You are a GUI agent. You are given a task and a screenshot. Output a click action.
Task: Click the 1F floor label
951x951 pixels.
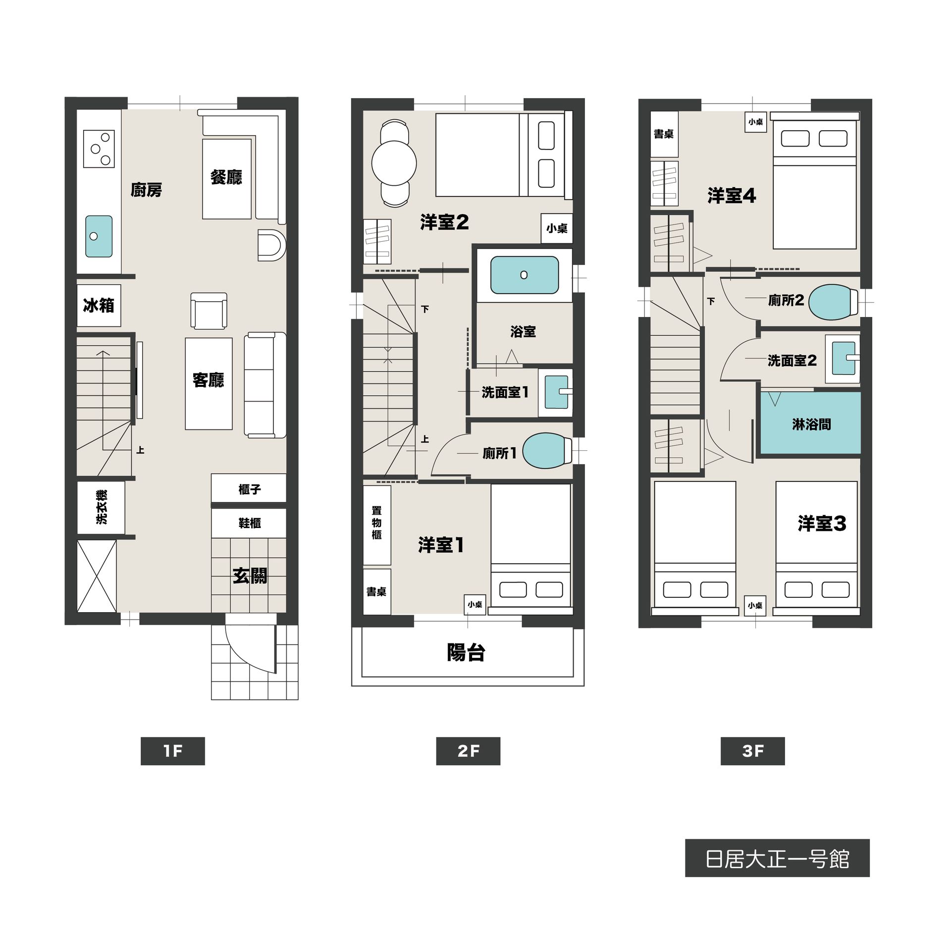[x=172, y=751]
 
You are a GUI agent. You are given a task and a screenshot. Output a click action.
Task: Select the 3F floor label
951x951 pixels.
[x=753, y=751]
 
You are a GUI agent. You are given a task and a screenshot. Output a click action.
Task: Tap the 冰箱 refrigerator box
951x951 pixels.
[x=99, y=305]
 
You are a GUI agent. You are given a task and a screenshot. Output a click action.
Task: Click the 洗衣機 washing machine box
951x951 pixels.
[x=101, y=507]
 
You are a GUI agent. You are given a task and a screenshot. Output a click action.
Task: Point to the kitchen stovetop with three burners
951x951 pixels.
[x=99, y=149]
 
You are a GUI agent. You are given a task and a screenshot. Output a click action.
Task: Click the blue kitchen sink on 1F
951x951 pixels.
[x=99, y=236]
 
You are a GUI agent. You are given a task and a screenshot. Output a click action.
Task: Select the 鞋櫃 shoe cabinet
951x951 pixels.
[x=249, y=523]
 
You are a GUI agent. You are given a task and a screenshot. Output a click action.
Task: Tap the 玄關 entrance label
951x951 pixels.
[x=250, y=576]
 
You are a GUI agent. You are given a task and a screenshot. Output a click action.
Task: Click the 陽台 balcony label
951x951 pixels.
[x=466, y=653]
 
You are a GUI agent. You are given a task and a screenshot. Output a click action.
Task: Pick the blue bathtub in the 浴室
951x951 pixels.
[x=525, y=275]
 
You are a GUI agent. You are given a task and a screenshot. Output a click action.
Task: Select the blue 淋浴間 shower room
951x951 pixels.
[x=811, y=423]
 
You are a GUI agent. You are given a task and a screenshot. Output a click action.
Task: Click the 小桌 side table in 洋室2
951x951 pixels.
[x=557, y=228]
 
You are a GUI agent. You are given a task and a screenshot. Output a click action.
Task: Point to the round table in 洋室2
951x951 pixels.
[x=394, y=163]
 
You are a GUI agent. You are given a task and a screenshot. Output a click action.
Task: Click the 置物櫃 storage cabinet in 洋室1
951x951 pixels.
[x=377, y=525]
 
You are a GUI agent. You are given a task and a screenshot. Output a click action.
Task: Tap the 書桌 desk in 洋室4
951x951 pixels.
[x=664, y=134]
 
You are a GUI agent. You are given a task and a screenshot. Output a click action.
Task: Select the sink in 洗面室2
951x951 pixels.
[x=843, y=358]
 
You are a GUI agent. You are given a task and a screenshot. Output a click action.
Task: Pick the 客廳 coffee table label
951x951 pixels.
[x=209, y=380]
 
